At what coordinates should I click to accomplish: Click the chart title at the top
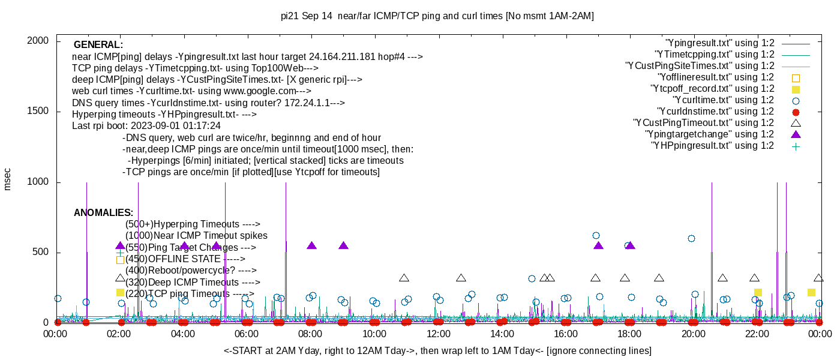click(x=437, y=16)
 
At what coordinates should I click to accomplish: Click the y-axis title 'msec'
click(x=8, y=179)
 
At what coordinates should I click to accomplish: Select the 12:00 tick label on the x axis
click(x=438, y=334)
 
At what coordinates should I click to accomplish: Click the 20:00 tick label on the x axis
click(x=693, y=334)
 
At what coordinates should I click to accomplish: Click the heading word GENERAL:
click(x=98, y=45)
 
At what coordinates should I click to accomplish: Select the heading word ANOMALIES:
click(x=103, y=213)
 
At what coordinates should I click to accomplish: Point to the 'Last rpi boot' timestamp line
click(x=146, y=126)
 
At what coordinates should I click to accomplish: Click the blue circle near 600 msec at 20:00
click(x=691, y=238)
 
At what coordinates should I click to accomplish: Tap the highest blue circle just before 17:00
click(x=596, y=236)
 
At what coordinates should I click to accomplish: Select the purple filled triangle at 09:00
click(x=343, y=245)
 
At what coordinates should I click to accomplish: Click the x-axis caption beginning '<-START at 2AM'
click(x=437, y=350)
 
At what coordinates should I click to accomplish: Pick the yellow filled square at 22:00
click(x=758, y=292)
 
